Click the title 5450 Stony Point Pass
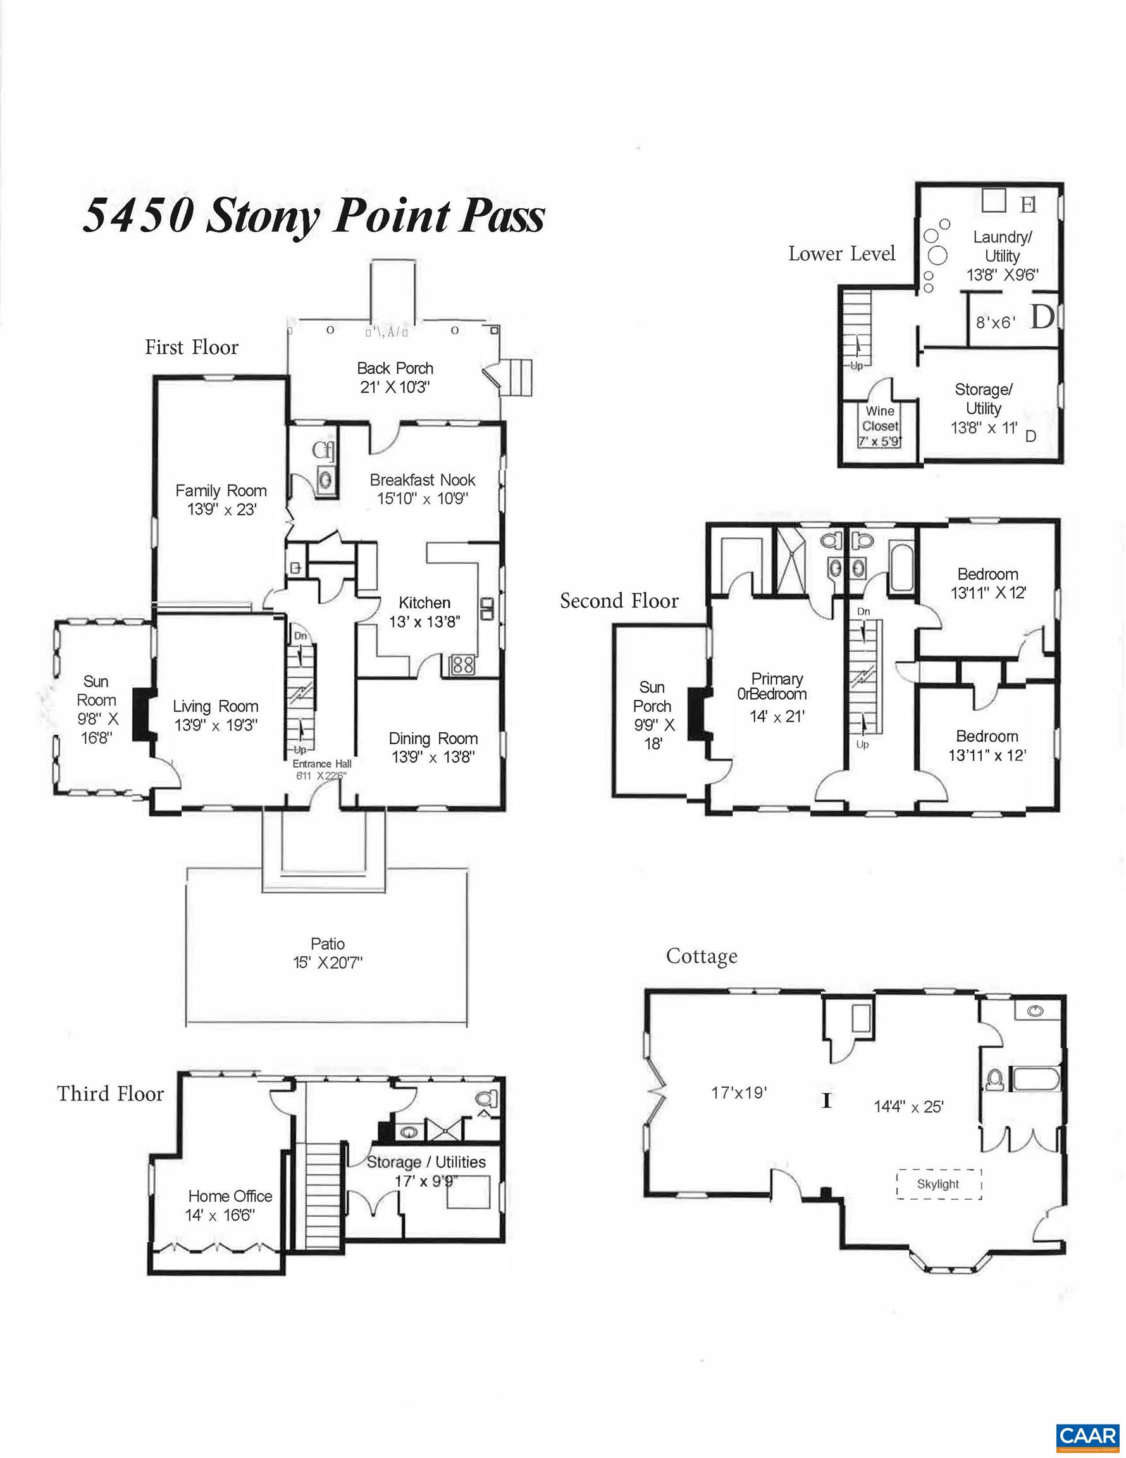pyautogui.click(x=313, y=216)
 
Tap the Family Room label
pyautogui.click(x=221, y=490)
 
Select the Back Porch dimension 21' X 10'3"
pyautogui.click(x=395, y=387)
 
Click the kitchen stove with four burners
pyautogui.click(x=462, y=665)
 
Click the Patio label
pyautogui.click(x=328, y=944)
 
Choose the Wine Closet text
pyautogui.click(x=880, y=418)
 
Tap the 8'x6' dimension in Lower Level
pyautogui.click(x=996, y=323)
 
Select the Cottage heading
pyautogui.click(x=702, y=956)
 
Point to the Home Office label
pyautogui.click(x=230, y=1195)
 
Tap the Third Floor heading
pyautogui.click(x=110, y=1093)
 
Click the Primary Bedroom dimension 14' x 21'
pyautogui.click(x=777, y=716)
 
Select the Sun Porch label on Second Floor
pyautogui.click(x=652, y=696)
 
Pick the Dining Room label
pyautogui.click(x=433, y=738)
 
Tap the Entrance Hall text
pyautogui.click(x=322, y=763)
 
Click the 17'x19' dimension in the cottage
pyautogui.click(x=739, y=1093)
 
